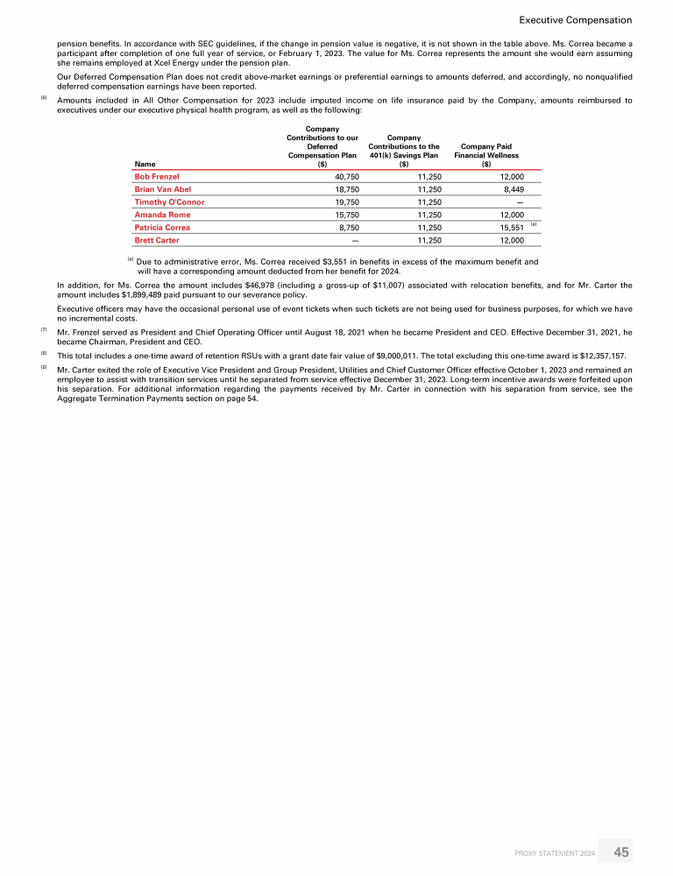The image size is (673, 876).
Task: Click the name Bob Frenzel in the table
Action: pos(157,176)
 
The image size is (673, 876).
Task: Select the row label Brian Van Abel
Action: pos(162,189)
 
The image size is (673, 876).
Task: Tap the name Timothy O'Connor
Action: pos(169,201)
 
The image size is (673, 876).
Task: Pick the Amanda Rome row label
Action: pos(162,215)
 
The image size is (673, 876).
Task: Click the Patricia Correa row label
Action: pos(162,227)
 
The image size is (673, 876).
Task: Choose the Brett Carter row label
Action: pos(157,239)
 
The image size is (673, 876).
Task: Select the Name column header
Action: pos(144,163)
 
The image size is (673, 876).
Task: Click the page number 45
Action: pos(621,851)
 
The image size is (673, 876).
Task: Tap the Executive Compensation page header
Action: pos(575,19)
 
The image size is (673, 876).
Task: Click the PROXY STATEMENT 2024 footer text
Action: pos(554,852)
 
